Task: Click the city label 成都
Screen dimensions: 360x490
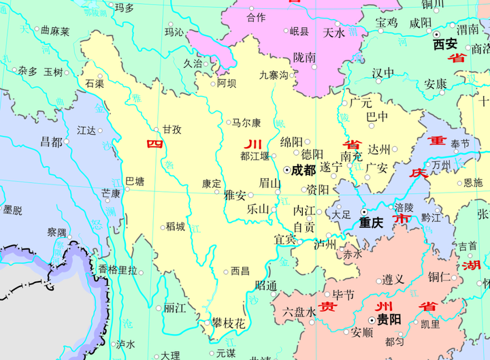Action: point(304,171)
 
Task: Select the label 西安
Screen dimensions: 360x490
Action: point(445,44)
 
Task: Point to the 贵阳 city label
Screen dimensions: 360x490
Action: point(389,319)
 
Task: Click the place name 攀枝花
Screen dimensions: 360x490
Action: point(228,325)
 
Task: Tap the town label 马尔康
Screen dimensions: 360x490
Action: point(246,123)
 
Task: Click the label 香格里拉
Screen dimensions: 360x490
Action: point(118,269)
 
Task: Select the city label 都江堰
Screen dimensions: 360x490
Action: point(255,156)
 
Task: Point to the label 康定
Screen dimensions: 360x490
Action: point(212,183)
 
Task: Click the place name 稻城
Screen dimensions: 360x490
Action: point(176,227)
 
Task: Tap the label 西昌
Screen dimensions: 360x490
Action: point(240,271)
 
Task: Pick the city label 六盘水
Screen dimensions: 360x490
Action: point(299,312)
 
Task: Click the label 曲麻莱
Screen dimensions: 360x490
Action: point(55,31)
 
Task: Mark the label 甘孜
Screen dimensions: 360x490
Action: point(171,129)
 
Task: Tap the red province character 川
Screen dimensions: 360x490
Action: point(252,144)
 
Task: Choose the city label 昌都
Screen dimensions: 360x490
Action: point(51,142)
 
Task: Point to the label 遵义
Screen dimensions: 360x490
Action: point(393,279)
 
